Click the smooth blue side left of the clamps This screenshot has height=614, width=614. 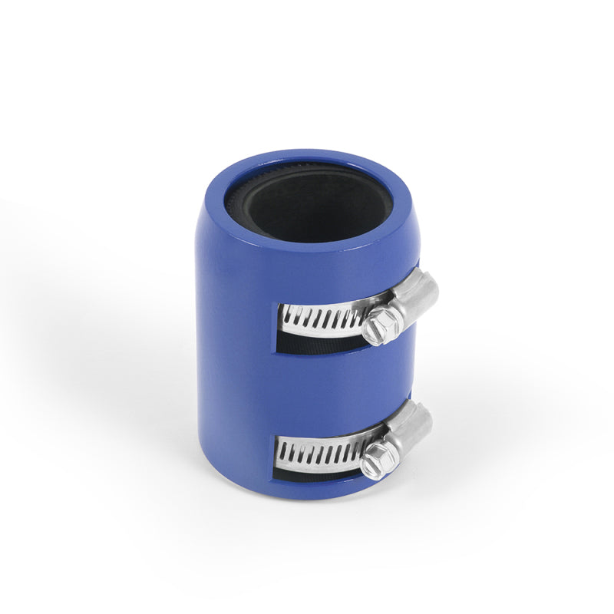point(230,345)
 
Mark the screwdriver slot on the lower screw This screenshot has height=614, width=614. point(375,462)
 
